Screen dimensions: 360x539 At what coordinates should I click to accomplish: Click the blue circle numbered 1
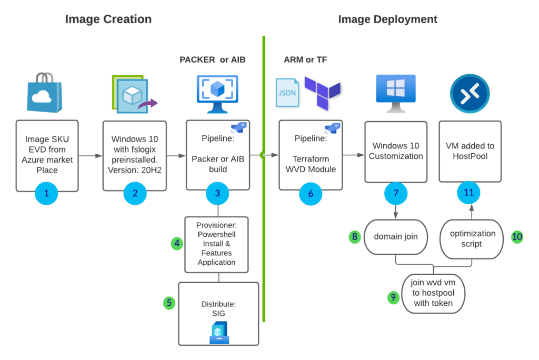tap(46, 193)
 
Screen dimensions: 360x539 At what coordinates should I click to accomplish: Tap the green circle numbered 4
tap(177, 243)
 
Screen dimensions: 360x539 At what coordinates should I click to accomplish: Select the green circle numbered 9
tap(393, 297)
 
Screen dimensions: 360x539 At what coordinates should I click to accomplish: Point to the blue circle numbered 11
tap(468, 193)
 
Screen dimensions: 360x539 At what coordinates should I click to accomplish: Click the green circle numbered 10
tap(517, 237)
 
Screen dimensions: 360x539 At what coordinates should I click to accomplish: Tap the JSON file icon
tap(287, 93)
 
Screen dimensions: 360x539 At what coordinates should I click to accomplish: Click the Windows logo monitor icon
tap(395, 93)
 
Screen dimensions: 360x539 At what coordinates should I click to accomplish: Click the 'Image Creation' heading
tap(108, 19)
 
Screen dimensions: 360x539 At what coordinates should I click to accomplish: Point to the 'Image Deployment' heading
tap(387, 19)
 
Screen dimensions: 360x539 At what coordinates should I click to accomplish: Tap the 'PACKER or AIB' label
tap(213, 59)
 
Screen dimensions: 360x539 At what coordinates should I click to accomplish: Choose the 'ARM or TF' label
tap(305, 59)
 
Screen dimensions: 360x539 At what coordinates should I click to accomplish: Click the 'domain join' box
tap(395, 236)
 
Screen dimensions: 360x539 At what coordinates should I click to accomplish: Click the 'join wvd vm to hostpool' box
tap(435, 293)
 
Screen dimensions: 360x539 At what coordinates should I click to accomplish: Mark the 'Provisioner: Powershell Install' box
tap(217, 244)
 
